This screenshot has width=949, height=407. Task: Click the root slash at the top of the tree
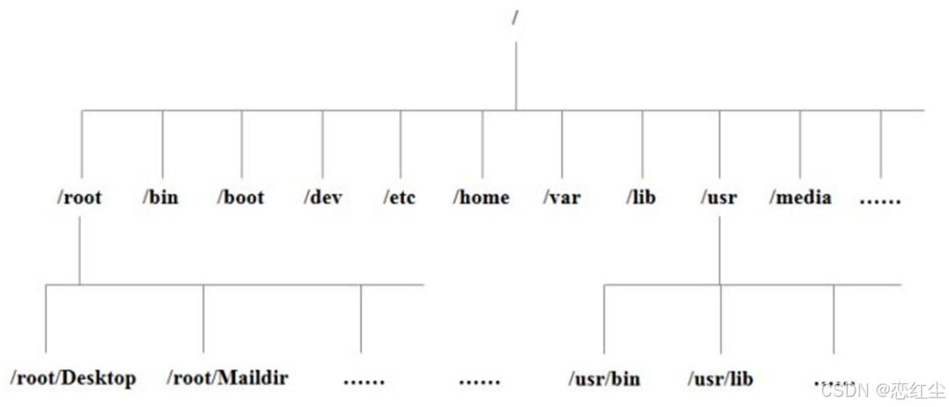point(515,16)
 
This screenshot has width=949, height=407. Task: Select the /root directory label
point(79,198)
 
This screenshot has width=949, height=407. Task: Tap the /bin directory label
point(160,198)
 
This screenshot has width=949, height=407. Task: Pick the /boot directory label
point(240,198)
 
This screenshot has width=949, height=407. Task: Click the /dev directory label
point(322,198)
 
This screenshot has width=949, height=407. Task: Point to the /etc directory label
point(400,198)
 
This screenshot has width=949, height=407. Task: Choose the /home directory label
point(481,198)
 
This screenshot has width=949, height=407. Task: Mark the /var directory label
point(562,198)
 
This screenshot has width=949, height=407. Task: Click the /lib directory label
point(641,198)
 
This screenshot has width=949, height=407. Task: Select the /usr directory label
point(719,198)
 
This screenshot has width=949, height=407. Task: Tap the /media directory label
point(800,198)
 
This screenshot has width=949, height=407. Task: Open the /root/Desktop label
point(73,377)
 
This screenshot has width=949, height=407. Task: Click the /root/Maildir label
point(227,377)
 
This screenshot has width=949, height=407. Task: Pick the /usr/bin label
point(604,378)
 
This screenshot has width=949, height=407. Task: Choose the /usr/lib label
point(720,378)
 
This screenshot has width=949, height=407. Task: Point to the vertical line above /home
point(483,144)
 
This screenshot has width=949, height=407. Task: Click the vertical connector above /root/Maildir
point(203,318)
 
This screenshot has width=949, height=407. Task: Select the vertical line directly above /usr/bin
point(604,318)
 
